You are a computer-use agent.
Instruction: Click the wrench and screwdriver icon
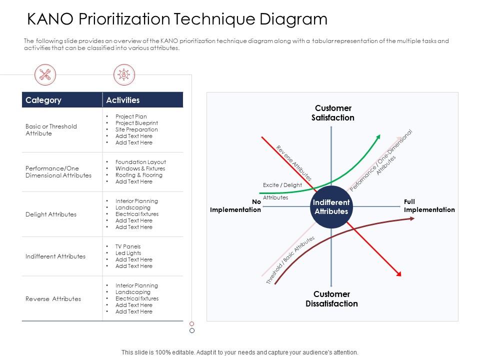tap(45, 75)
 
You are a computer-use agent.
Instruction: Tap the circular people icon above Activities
tap(122, 75)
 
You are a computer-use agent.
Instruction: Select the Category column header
tap(43, 100)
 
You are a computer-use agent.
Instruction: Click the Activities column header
tap(123, 100)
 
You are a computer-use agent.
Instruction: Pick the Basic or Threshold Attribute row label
tap(51, 130)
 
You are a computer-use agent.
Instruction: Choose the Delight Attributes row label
tap(51, 214)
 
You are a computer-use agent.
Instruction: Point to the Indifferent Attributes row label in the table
tap(55, 256)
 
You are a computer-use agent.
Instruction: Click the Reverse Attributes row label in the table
tap(53, 299)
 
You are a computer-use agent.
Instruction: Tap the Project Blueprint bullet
tap(136, 123)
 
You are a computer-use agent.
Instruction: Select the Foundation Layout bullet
tap(140, 162)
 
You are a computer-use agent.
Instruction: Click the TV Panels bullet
tap(128, 246)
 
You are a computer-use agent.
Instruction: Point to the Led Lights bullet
tap(128, 253)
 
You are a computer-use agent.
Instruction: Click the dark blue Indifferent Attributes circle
tap(331, 206)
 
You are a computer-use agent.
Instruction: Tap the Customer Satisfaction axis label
tap(333, 113)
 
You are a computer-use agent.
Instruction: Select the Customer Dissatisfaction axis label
tap(331, 299)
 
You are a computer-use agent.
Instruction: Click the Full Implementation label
tap(429, 205)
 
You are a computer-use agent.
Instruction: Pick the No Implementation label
tap(235, 205)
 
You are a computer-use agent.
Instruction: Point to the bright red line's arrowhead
tap(398, 273)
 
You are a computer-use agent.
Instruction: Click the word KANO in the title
tap(49, 19)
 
